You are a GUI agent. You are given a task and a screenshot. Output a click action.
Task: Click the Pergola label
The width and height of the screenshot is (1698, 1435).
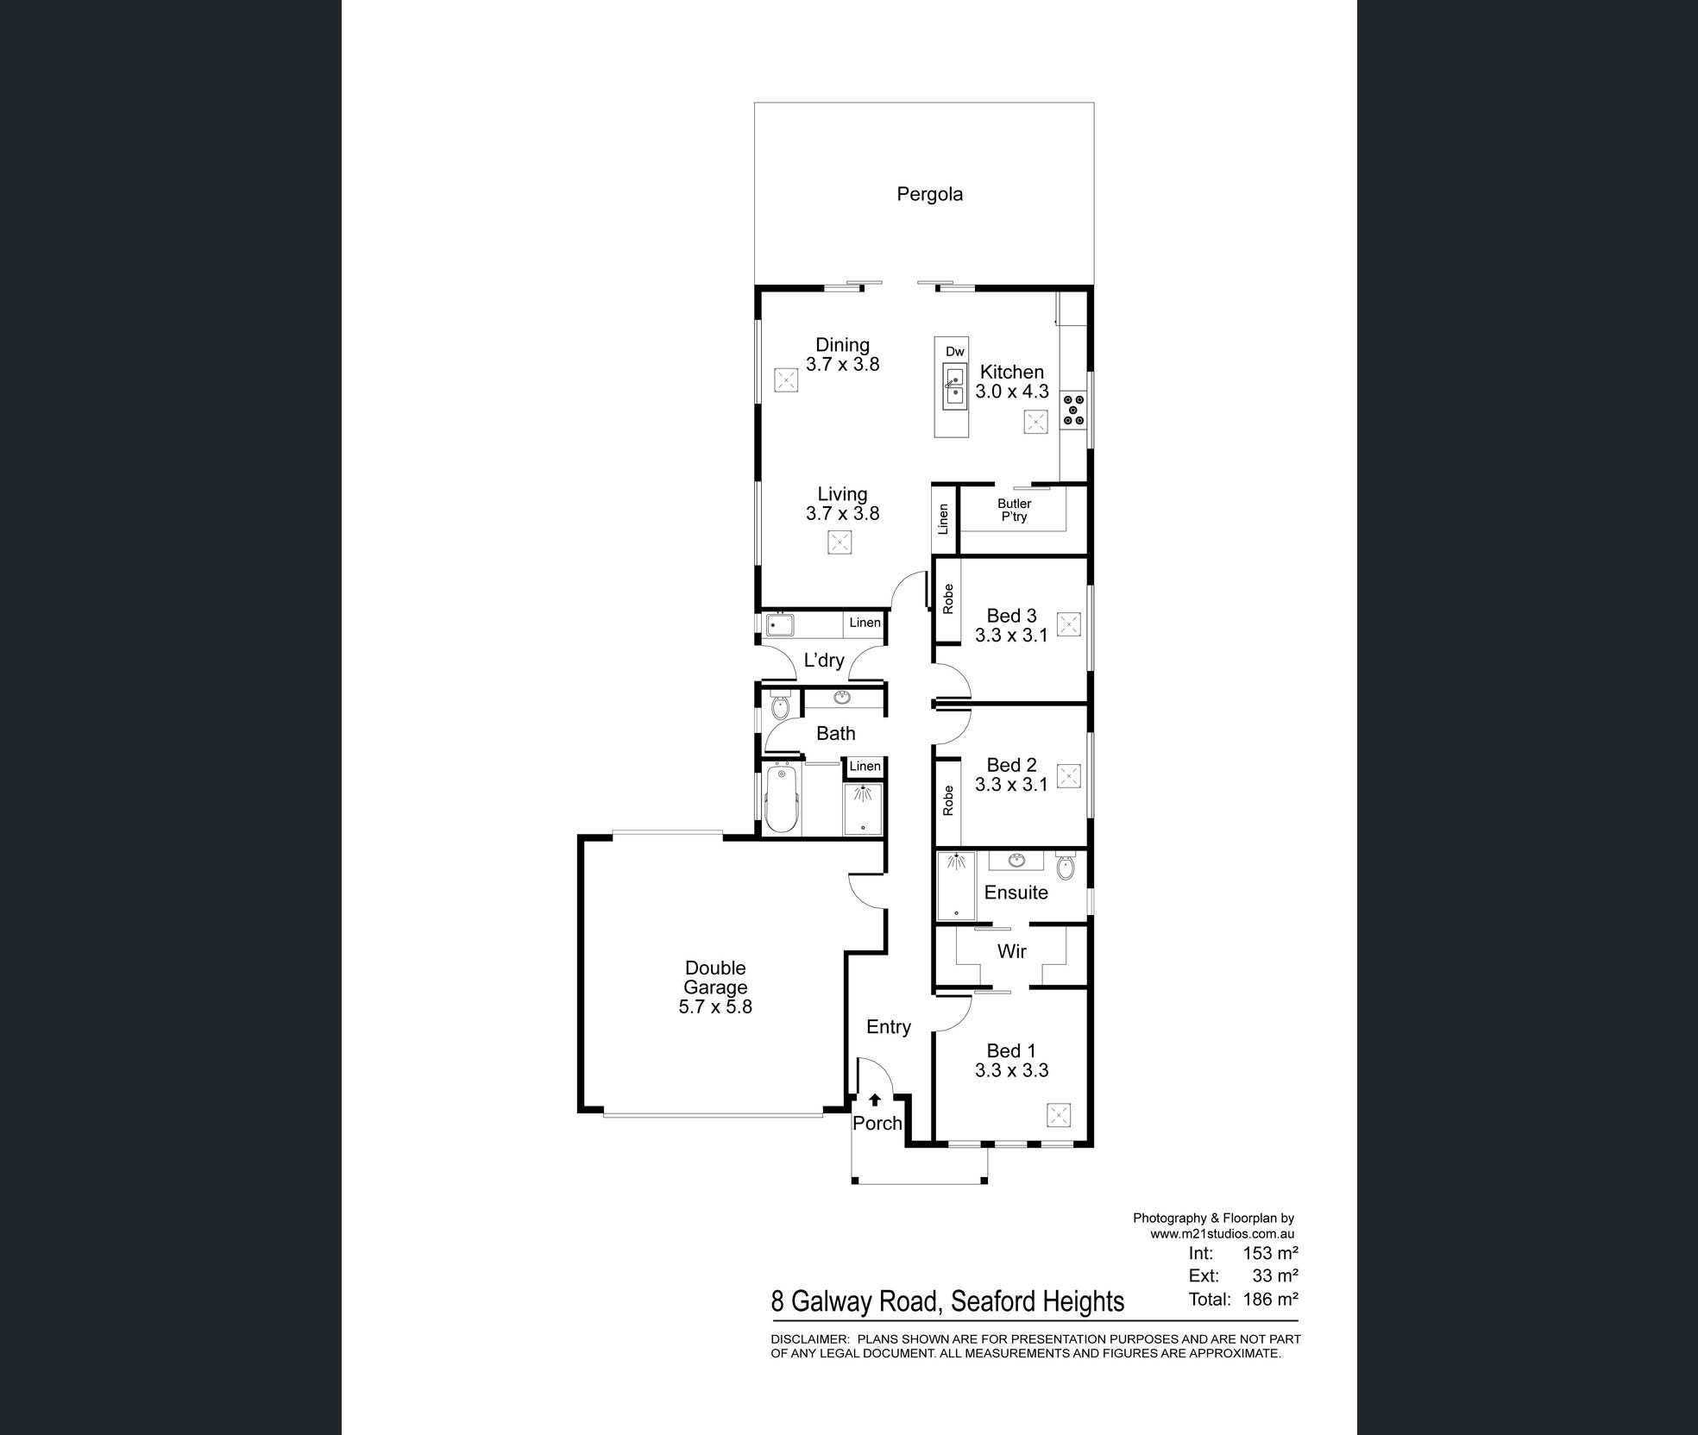point(929,194)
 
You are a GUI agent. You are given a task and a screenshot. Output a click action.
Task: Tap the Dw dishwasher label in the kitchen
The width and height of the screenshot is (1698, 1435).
point(954,351)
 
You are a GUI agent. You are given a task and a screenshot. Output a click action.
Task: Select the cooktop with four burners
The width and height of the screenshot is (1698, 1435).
point(1073,410)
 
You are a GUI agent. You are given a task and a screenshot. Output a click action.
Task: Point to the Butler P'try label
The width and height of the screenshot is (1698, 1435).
point(1014,510)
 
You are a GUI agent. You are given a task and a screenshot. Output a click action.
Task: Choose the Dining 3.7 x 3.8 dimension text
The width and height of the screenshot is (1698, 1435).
point(842,365)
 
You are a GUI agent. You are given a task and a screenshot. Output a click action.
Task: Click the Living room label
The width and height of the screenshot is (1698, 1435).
point(842,494)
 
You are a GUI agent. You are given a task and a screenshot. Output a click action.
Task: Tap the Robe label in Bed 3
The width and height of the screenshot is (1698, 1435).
point(948,598)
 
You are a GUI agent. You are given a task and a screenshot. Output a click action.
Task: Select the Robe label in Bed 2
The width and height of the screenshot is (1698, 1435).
point(948,800)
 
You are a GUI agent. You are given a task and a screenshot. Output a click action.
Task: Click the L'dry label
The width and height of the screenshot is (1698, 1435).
point(823,661)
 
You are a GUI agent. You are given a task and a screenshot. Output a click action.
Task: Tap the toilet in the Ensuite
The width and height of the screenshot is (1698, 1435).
point(1066,866)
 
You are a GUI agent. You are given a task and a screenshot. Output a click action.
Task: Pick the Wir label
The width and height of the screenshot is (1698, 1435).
point(1011,951)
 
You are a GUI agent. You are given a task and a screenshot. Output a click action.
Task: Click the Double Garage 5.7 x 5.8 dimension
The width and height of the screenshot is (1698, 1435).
point(715,1006)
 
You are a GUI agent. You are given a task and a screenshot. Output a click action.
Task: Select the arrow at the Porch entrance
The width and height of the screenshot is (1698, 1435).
point(875,1100)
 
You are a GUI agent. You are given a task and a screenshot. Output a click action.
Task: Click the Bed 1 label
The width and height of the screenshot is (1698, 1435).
point(1010,1050)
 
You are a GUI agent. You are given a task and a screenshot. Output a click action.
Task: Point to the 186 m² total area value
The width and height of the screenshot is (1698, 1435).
point(1270,1300)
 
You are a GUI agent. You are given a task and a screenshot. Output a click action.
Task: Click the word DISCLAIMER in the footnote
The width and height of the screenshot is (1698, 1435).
point(808,1339)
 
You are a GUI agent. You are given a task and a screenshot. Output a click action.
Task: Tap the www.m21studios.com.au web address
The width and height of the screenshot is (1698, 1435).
point(1222,1234)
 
